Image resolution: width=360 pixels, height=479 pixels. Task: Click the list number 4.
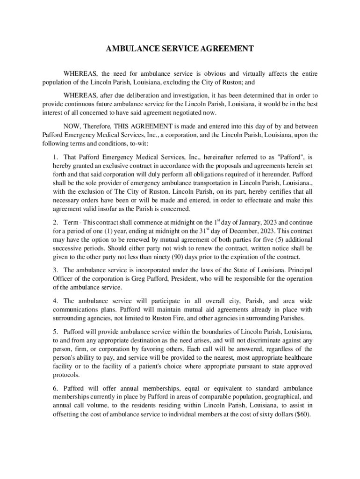tap(55, 301)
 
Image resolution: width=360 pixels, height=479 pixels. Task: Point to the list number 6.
tap(55, 388)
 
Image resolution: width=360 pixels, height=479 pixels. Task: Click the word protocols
tap(66, 375)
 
